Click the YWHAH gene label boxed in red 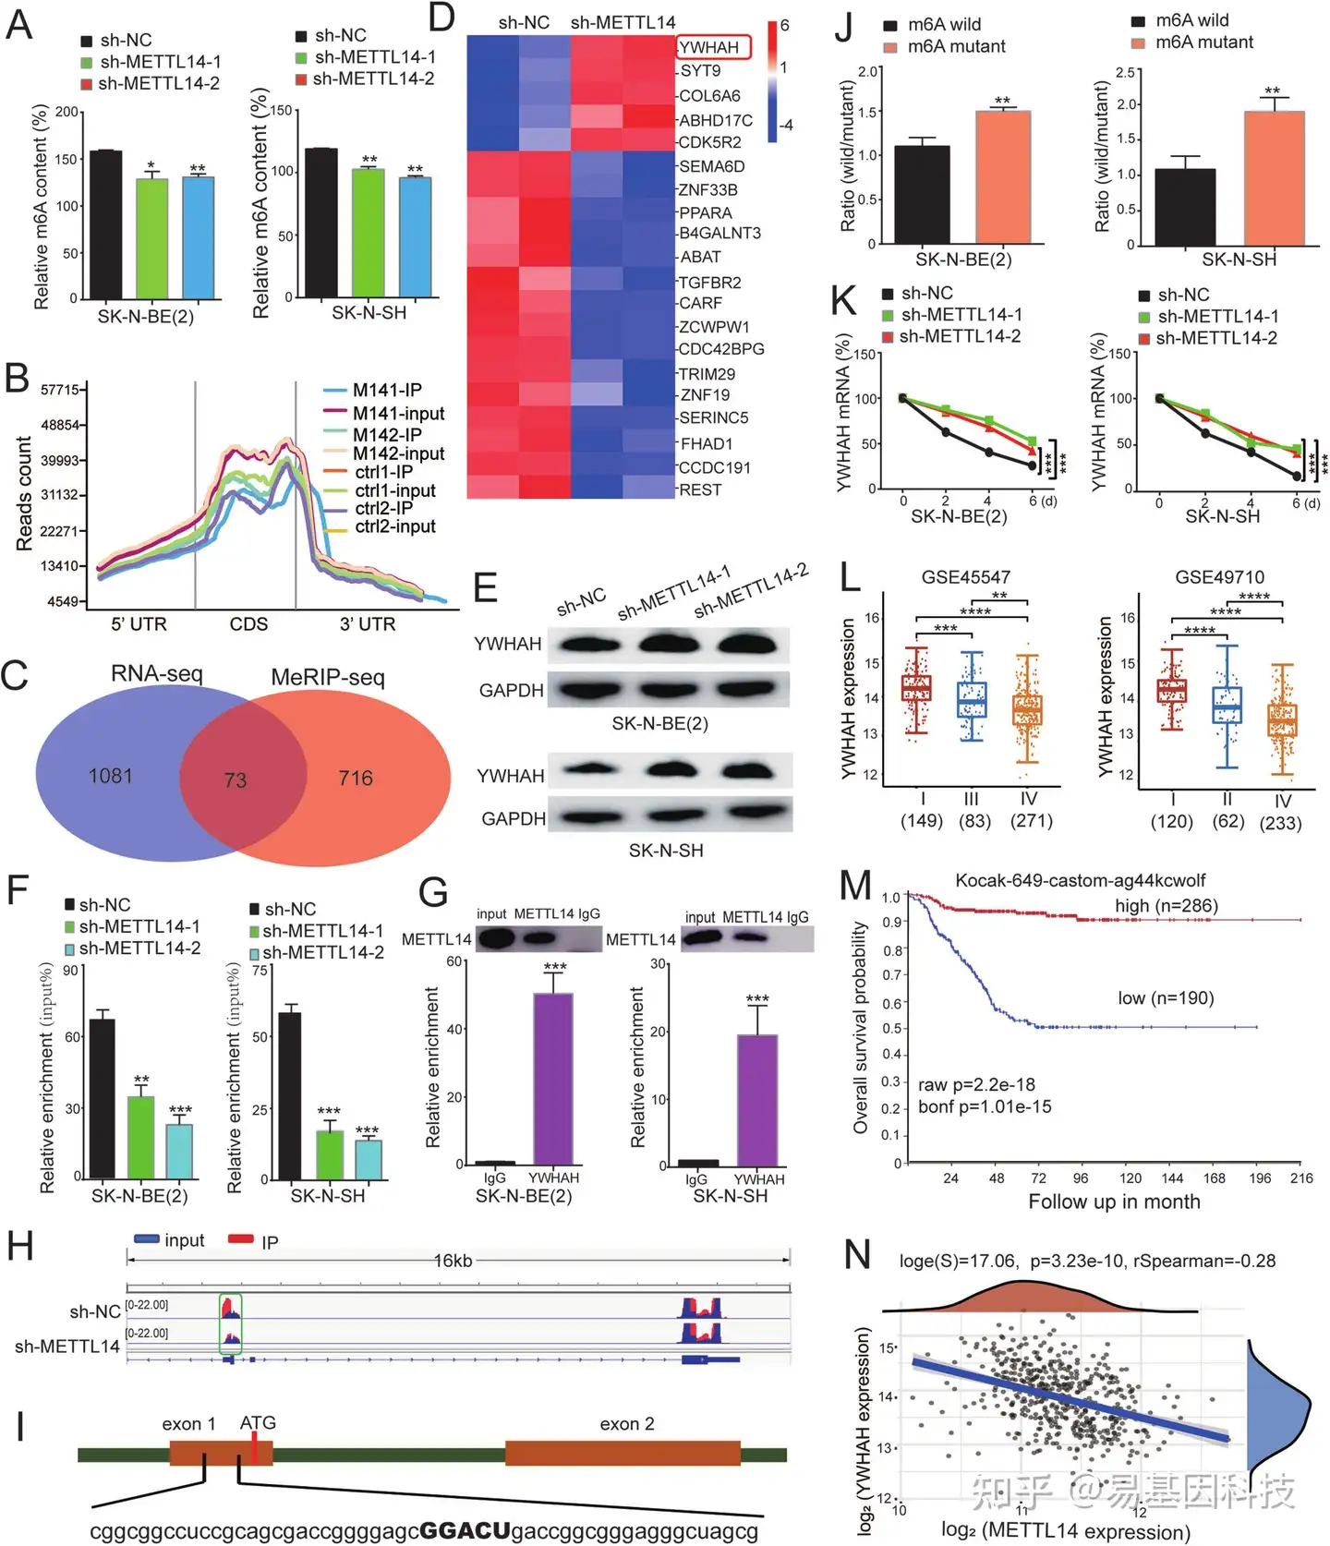(x=710, y=47)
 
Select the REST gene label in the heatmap (x=700, y=489)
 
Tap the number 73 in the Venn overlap (x=236, y=780)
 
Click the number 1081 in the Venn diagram (x=111, y=776)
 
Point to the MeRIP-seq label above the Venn (x=328, y=677)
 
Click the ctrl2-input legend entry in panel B (x=394, y=526)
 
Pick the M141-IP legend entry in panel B (x=387, y=390)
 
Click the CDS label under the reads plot (x=248, y=624)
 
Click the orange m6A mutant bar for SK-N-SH (x=1274, y=177)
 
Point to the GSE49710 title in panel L (x=1219, y=577)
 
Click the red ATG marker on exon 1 (x=253, y=1447)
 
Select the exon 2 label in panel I (x=627, y=1424)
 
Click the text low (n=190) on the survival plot (x=1166, y=997)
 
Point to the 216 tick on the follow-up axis (x=1301, y=1178)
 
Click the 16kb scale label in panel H (x=453, y=1261)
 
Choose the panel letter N (x=857, y=1255)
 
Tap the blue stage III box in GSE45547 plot (x=972, y=700)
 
